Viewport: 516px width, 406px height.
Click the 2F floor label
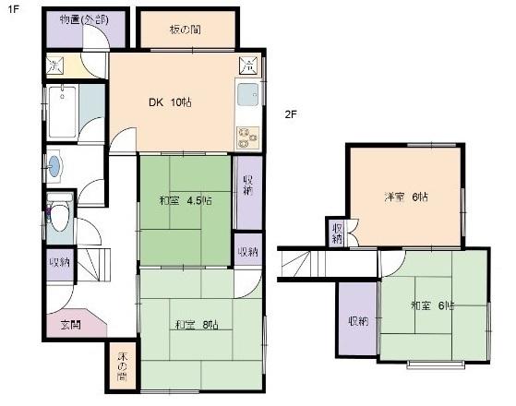coord(289,114)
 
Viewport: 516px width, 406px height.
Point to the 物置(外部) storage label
coord(82,18)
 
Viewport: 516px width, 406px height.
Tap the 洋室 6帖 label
coord(407,197)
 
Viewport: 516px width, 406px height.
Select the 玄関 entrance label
coord(70,324)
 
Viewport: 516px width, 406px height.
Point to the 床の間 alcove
coord(122,367)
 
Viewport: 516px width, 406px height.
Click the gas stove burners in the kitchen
coord(247,137)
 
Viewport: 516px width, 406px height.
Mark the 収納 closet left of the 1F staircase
coord(60,262)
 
